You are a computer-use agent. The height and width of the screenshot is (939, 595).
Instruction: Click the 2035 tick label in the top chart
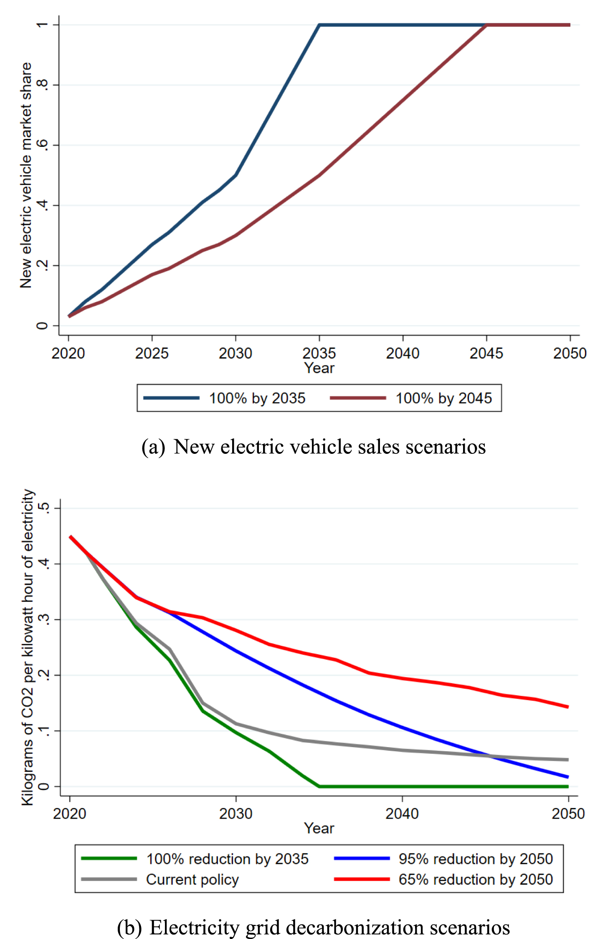point(319,353)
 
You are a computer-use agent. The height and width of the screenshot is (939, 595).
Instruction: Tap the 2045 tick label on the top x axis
point(486,353)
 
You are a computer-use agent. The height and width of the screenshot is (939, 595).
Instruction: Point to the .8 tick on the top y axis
point(42,85)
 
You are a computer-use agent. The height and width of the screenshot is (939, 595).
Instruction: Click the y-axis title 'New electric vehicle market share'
point(26,175)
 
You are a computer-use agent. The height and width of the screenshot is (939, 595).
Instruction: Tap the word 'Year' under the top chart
point(319,368)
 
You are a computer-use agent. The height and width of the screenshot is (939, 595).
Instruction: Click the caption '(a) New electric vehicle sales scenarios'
point(313,447)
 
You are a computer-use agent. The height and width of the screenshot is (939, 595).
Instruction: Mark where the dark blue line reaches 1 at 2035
point(319,25)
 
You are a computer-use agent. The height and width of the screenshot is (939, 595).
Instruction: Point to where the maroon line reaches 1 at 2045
point(486,25)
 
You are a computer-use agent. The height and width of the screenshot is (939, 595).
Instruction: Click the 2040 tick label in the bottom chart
point(402,813)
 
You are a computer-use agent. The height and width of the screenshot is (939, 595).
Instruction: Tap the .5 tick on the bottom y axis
point(43,508)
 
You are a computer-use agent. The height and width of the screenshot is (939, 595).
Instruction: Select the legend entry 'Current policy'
point(192,879)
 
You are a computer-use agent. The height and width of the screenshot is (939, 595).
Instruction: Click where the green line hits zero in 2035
point(319,786)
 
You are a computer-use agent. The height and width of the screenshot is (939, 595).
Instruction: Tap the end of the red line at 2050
point(567,707)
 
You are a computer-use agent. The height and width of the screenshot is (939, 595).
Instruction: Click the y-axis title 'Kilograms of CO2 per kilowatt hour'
point(28,647)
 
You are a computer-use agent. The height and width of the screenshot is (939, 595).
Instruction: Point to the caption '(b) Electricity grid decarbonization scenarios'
point(313,928)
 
